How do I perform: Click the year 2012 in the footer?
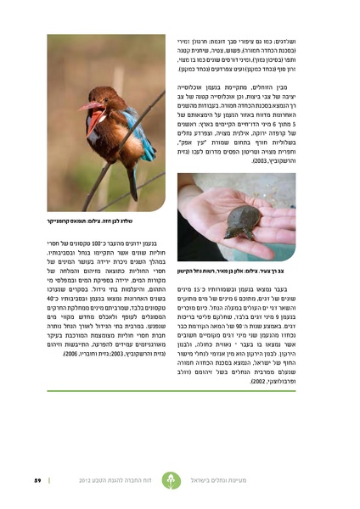coord(87,481)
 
